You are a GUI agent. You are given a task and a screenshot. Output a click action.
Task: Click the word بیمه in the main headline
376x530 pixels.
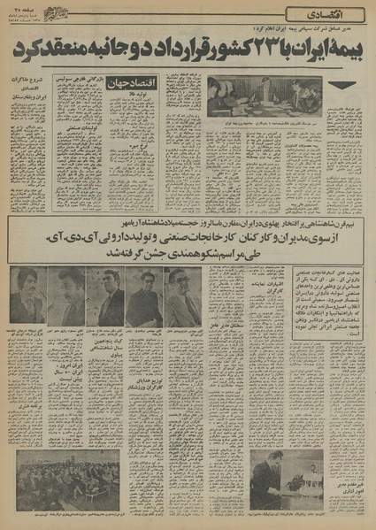[x=338, y=51]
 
